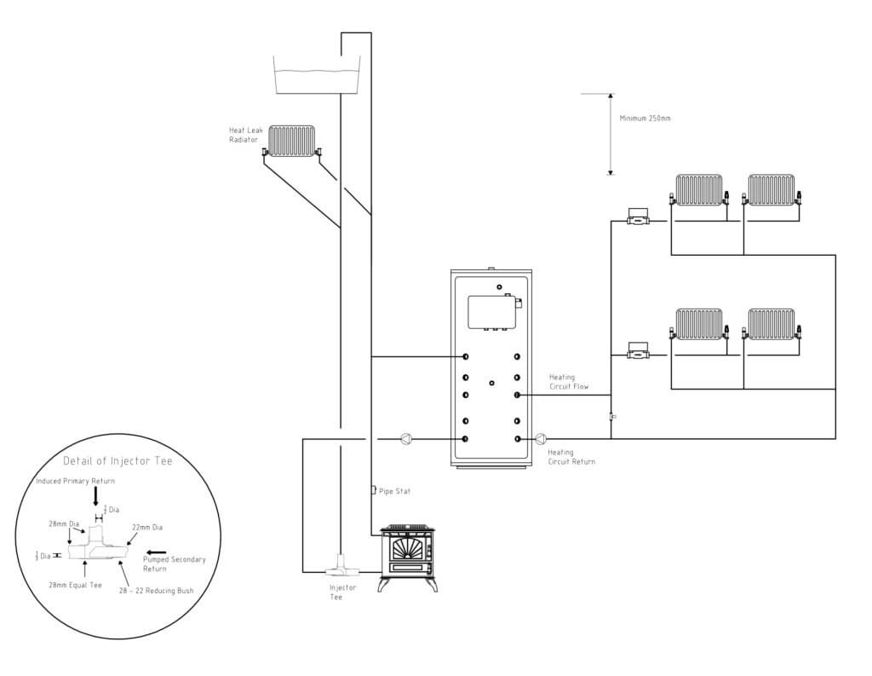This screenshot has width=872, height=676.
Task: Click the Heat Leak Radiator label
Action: pos(246,135)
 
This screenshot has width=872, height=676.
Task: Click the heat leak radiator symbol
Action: pos(292,142)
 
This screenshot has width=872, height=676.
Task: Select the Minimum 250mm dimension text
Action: pos(645,118)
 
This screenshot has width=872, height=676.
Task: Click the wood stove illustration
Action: pos(408,558)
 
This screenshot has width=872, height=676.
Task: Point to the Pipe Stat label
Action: pos(395,491)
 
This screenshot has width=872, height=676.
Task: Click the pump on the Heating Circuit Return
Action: pos(541,439)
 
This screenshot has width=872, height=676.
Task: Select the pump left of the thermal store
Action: pos(406,439)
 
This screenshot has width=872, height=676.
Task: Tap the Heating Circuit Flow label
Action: pos(568,381)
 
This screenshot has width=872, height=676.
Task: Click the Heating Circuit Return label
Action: pos(571,457)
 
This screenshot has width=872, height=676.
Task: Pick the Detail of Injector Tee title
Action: pos(118,460)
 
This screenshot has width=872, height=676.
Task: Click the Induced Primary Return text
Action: pos(76,481)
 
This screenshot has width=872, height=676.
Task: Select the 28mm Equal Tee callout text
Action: pos(75,586)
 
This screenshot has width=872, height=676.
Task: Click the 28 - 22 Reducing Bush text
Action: pos(157,590)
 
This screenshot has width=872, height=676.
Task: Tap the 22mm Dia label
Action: pos(147,527)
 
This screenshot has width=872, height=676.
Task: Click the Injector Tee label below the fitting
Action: pos(342,592)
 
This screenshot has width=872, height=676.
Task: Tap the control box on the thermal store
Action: pos(493,312)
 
